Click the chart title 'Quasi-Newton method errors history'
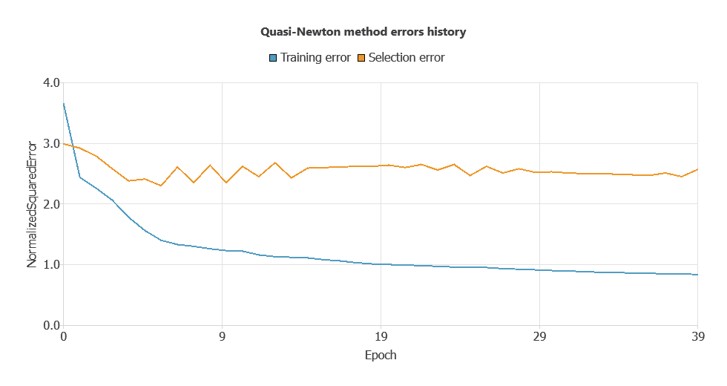click(363, 32)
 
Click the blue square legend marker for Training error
click(273, 58)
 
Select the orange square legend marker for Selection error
click(361, 58)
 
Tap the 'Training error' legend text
click(315, 58)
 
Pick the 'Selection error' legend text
click(407, 58)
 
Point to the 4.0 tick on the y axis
click(49, 82)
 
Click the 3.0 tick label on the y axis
click(49, 143)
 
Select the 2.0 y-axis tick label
click(49, 204)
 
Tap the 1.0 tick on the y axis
click(49, 265)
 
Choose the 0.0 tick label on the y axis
click(49, 325)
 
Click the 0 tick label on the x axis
click(63, 337)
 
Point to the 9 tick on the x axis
click(222, 337)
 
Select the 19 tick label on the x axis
click(381, 337)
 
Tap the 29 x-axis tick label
click(539, 337)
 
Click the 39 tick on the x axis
click(697, 337)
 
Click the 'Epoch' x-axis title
click(381, 355)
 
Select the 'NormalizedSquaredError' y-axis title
click(32, 204)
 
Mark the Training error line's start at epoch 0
click(64, 104)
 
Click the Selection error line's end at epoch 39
click(697, 169)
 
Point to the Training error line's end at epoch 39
click(697, 275)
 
